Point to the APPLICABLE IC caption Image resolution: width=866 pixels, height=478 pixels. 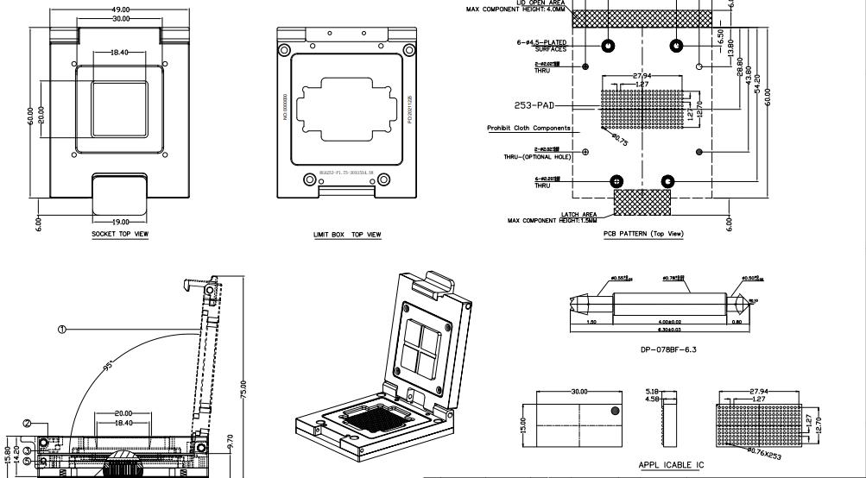(671, 466)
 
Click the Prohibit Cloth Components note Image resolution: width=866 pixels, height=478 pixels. (528, 128)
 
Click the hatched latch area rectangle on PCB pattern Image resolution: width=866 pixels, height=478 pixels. (642, 203)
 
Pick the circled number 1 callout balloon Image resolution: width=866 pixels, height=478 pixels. (61, 329)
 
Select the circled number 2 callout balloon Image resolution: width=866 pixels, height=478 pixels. (28, 424)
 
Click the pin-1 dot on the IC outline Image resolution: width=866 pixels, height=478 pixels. (615, 411)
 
